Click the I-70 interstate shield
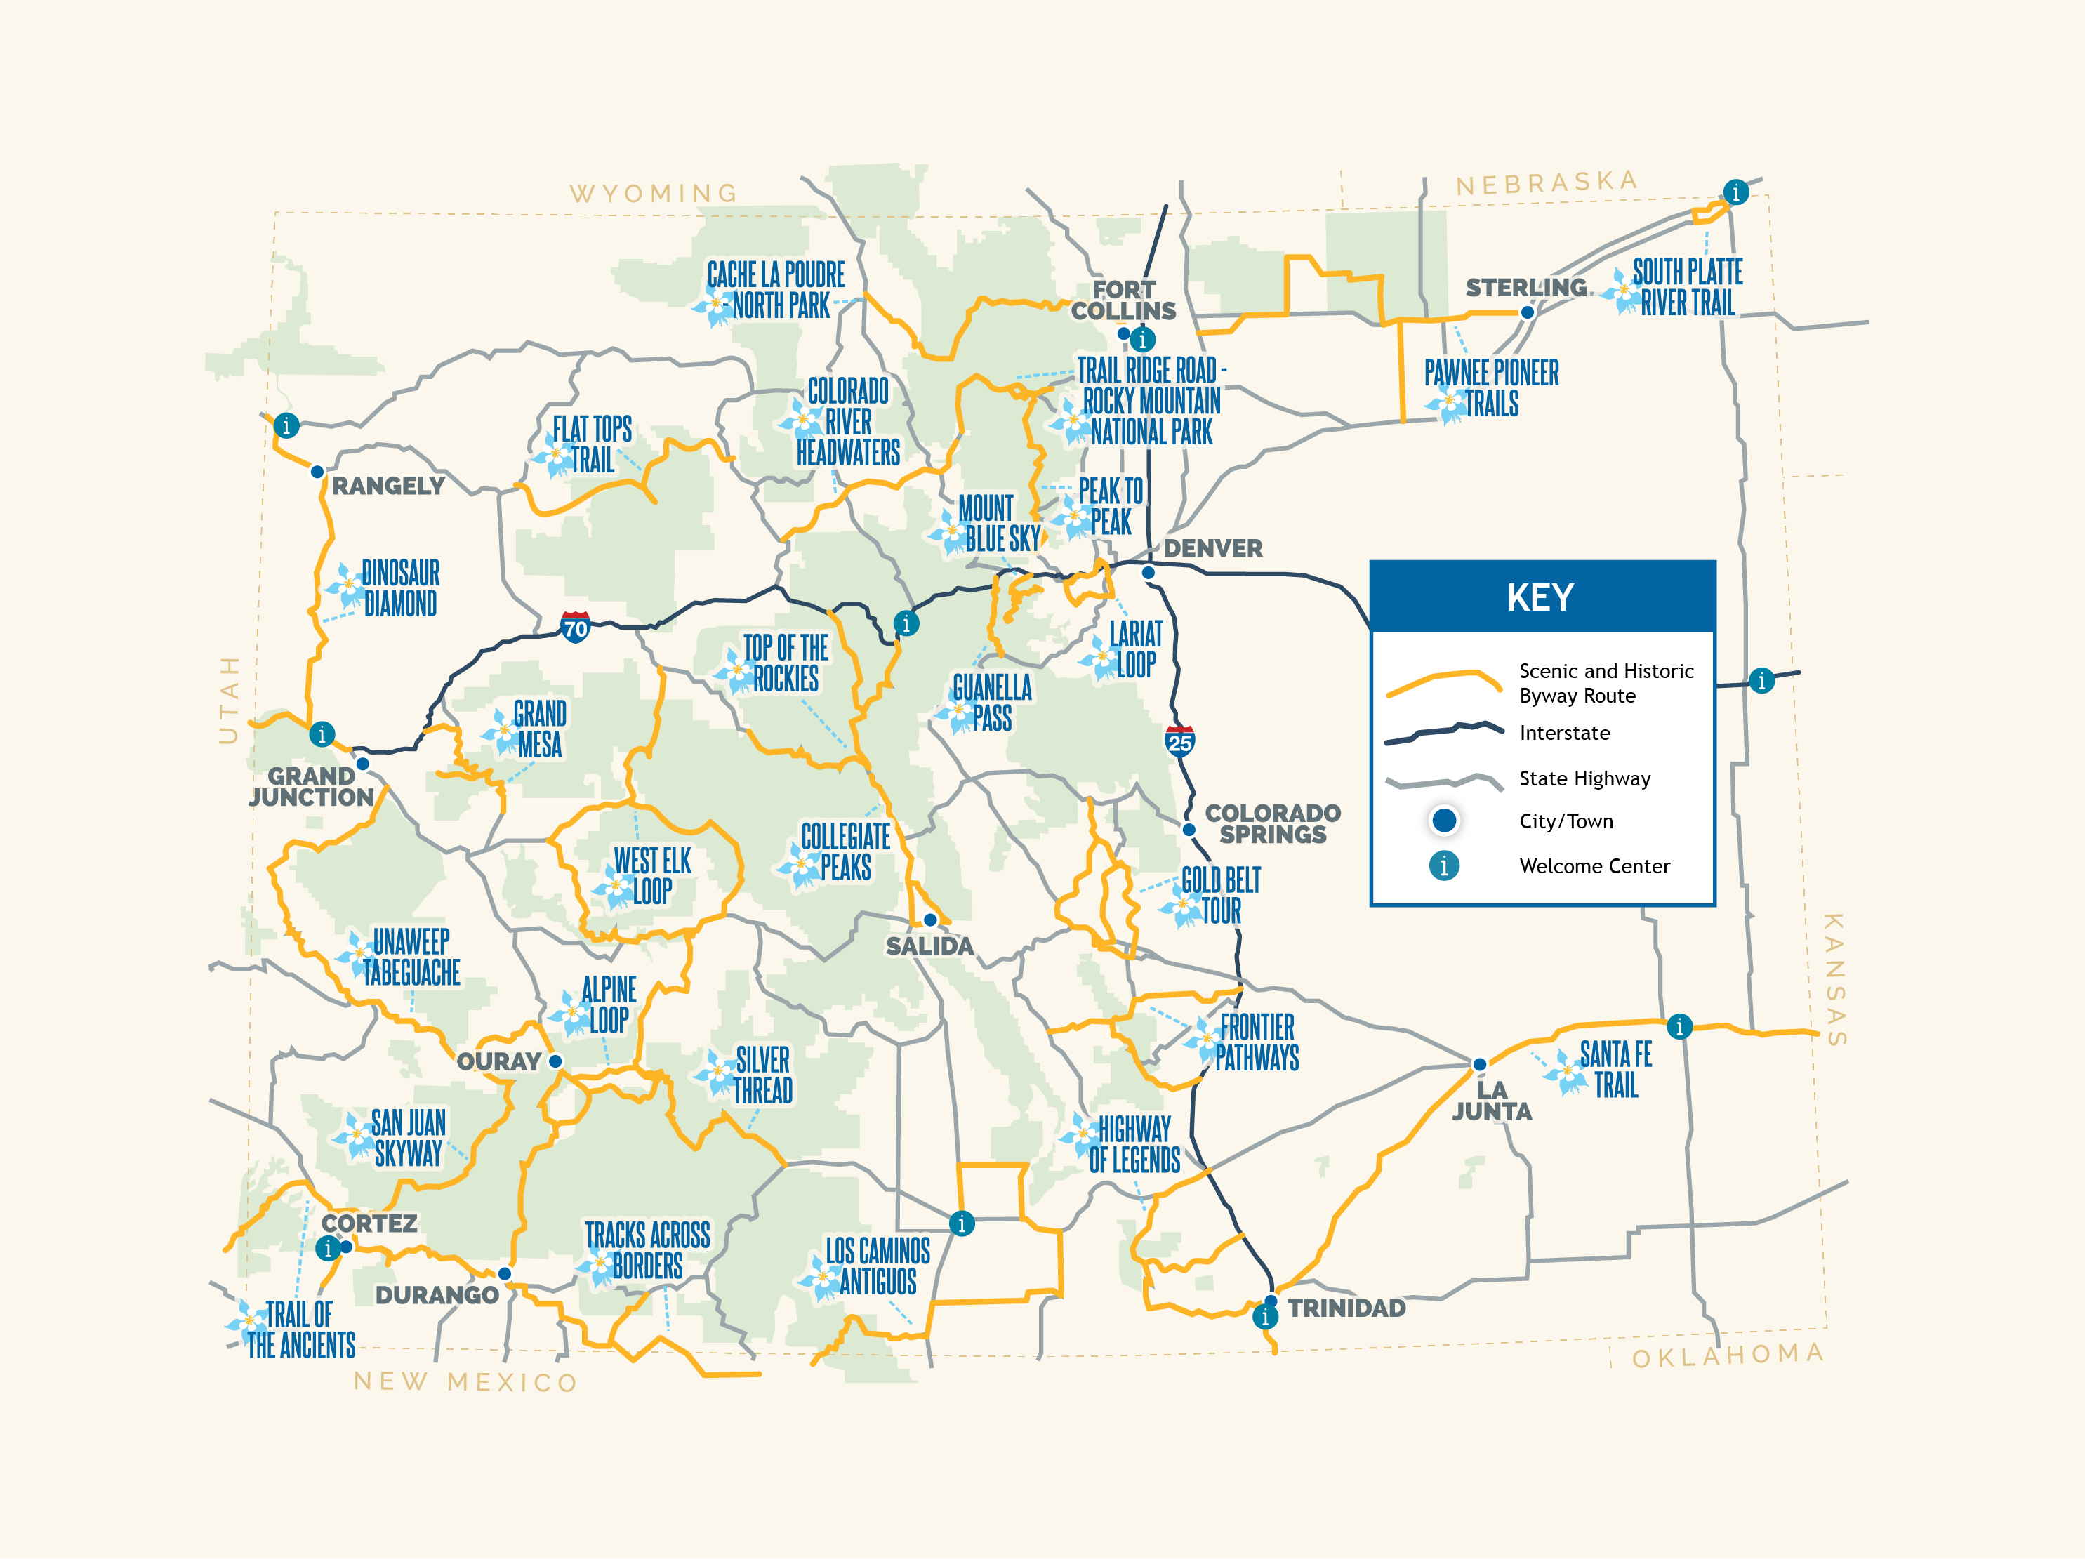[575, 627]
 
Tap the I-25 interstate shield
[1179, 741]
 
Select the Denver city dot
[1148, 572]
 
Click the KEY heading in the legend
[1540, 597]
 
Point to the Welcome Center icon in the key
[1443, 865]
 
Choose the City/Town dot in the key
[1443, 820]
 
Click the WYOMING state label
[653, 193]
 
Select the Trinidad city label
[1346, 1308]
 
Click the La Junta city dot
[1480, 1064]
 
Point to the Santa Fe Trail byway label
[1615, 1069]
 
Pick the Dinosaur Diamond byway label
[399, 588]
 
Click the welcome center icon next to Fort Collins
[1142, 339]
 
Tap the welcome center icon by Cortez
[327, 1249]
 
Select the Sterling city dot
[1527, 312]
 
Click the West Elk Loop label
[651, 875]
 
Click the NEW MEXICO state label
[465, 1382]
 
